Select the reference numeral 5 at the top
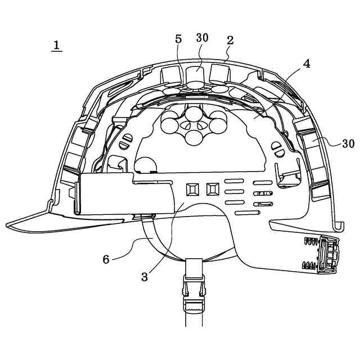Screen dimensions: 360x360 point(178,39)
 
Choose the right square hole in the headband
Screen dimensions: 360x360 point(212,188)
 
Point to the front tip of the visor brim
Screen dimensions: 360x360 point(8,225)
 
